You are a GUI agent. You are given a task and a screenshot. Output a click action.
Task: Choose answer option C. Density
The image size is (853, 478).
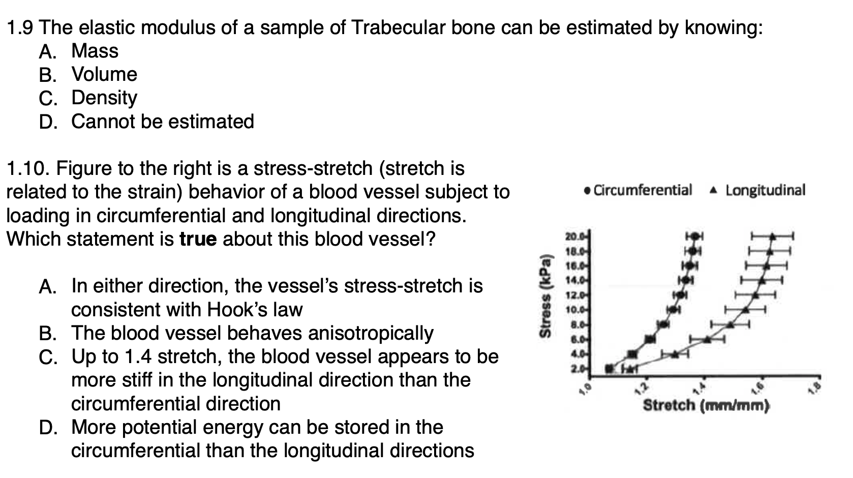(88, 98)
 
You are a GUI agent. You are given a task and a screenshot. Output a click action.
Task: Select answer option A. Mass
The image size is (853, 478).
(79, 51)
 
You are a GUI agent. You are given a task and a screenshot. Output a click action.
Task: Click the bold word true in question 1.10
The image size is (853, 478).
(198, 239)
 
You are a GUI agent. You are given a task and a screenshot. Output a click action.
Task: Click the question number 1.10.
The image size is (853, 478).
(27, 168)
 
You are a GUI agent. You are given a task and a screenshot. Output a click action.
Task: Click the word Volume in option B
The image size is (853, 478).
(104, 74)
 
